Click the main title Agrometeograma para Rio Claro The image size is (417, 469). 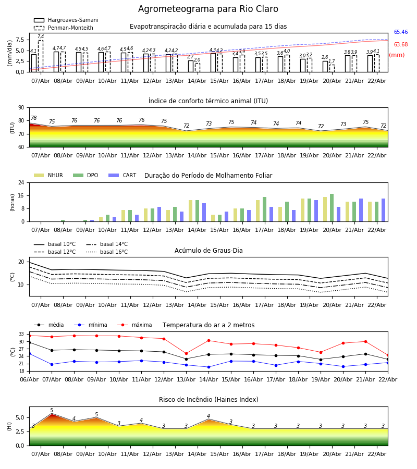[x=208, y=9]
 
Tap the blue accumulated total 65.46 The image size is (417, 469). [x=400, y=32]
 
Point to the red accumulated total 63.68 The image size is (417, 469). [x=400, y=45]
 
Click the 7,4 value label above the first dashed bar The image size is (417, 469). [x=41, y=36]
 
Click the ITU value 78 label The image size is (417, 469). [x=34, y=118]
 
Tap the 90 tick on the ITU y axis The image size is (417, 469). [x=21, y=107]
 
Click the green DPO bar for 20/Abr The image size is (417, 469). [x=332, y=208]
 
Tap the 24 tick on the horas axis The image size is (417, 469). [x=21, y=183]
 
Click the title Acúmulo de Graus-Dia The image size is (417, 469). [x=208, y=251]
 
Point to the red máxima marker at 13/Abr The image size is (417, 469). [x=186, y=353]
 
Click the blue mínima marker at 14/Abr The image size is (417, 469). [x=208, y=367]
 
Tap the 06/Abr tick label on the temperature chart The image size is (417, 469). [x=29, y=379]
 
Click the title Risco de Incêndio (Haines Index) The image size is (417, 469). [x=208, y=400]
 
